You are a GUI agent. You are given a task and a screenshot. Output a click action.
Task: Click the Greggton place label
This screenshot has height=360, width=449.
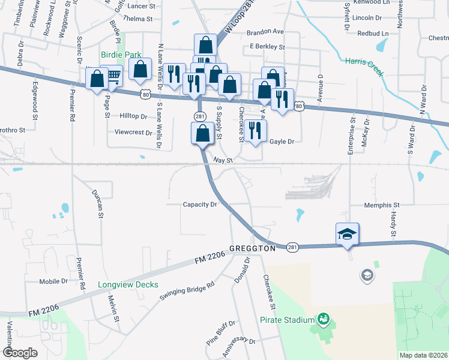coord(252,248)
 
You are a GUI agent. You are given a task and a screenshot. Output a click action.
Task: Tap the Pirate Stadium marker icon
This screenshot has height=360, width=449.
coord(324,317)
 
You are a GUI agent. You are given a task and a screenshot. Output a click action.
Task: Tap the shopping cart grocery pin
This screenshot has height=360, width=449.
coord(112,76)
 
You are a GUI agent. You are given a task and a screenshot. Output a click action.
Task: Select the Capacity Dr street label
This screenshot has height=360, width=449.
coord(200,204)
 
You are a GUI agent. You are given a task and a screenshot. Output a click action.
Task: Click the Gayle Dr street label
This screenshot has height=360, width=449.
coord(282,142)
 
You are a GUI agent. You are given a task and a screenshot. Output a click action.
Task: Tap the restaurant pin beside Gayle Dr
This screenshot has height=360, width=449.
coord(256,131)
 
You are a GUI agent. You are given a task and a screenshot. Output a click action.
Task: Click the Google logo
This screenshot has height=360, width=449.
coord(20,353)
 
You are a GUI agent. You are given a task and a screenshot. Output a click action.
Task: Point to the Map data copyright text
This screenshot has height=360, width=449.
coord(423,355)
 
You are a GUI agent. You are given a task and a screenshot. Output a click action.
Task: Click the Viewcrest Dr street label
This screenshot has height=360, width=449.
coord(131,131)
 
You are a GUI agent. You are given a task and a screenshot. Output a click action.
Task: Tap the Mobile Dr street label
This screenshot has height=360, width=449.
coord(53,281)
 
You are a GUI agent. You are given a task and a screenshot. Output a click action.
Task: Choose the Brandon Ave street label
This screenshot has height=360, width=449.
coord(266,31)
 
